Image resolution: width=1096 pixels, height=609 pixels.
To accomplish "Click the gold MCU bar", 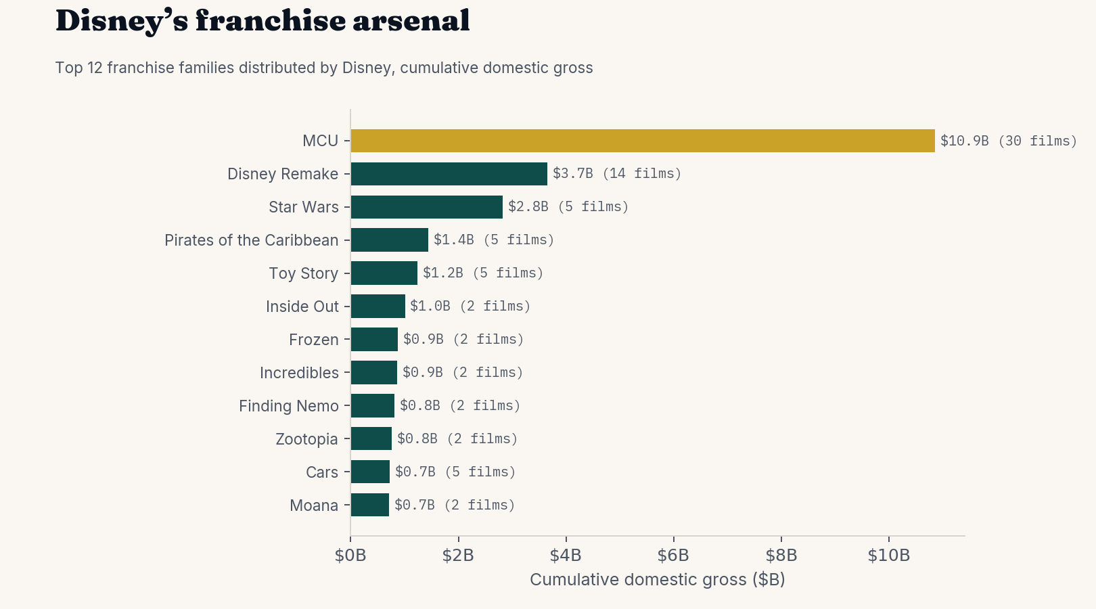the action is [643, 141].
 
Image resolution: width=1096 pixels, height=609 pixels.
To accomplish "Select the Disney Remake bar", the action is [449, 174].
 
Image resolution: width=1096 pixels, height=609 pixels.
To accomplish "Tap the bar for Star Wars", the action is [427, 207].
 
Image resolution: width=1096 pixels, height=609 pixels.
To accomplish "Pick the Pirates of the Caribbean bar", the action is [390, 240].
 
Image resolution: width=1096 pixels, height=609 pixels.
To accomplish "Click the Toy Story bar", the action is [384, 273].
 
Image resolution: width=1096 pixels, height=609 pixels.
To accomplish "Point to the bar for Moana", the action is [370, 505].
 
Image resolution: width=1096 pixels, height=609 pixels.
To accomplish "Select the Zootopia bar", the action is [371, 438].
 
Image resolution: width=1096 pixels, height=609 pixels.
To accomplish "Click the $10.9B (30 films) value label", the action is [1009, 141].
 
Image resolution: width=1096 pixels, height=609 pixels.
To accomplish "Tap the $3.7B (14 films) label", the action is [617, 174].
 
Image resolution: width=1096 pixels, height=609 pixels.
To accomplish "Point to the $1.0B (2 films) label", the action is [470, 307].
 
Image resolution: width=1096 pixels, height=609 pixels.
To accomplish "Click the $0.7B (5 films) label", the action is [455, 472].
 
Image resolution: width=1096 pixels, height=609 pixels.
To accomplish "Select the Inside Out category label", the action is [302, 307].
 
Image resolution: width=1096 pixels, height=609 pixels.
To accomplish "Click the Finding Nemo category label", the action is [289, 406].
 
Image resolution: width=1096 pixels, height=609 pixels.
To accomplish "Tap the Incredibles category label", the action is [299, 373].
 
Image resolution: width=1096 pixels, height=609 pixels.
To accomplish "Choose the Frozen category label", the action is [314, 340].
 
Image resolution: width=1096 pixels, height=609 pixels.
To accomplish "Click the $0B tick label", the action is [350, 556].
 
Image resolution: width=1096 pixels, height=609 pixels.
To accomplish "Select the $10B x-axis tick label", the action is [888, 556].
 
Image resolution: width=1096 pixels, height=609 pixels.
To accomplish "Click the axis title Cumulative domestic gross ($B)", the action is [658, 580].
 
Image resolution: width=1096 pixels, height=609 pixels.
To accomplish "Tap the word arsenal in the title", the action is [411, 22].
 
